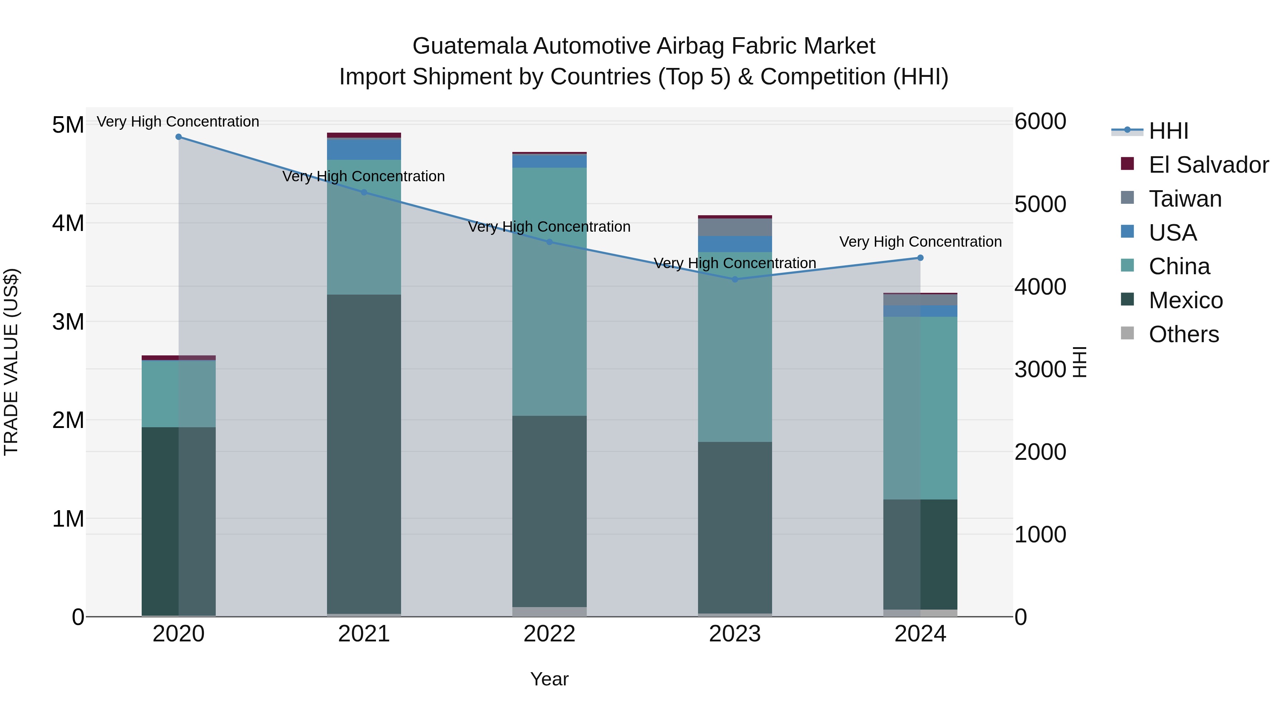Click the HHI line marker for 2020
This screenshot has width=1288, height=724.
pos(179,137)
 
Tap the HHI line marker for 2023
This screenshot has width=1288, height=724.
pos(735,279)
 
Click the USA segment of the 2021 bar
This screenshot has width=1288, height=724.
pos(364,150)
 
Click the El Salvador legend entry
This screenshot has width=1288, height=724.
pos(1208,165)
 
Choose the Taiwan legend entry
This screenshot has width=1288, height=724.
pos(1185,199)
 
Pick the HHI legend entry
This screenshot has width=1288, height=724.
pos(1168,131)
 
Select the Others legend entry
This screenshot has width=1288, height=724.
pos(1184,334)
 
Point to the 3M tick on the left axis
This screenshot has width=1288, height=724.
pos(68,322)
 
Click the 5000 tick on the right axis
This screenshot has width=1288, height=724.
pos(1040,205)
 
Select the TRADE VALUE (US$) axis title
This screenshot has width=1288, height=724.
pos(11,362)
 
